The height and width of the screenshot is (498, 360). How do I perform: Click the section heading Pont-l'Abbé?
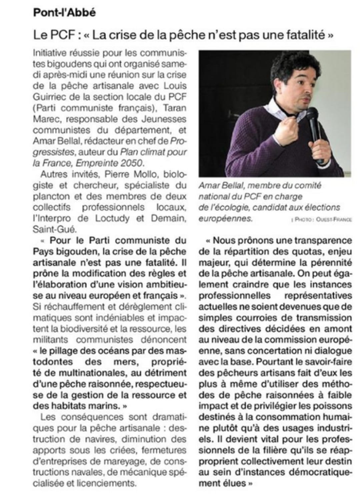coord(64,13)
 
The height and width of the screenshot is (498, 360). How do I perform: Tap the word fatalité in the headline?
coord(305,35)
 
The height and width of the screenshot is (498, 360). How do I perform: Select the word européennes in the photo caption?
coord(225,219)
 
